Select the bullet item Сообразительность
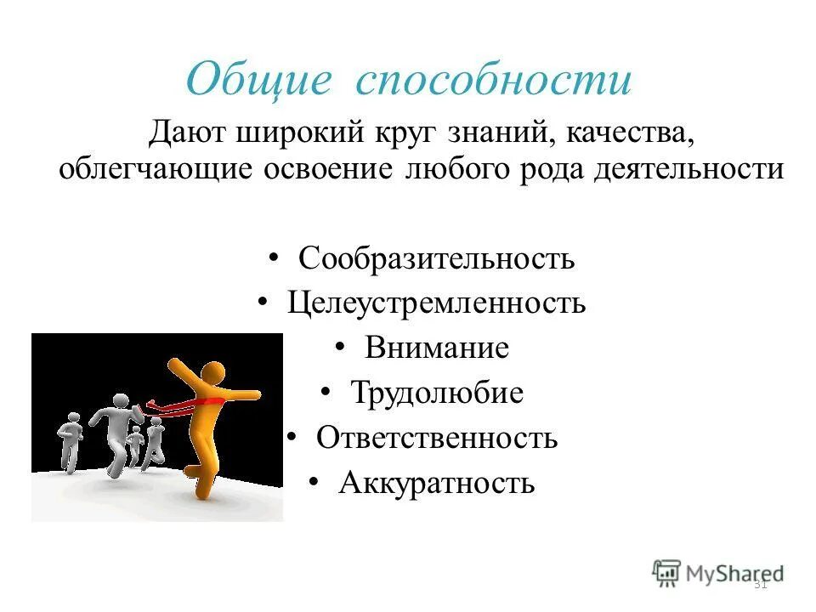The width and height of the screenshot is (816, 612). [x=436, y=258]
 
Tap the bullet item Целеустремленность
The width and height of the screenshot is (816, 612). [x=436, y=303]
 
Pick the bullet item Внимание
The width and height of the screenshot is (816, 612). [x=437, y=348]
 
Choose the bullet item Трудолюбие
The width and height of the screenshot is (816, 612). [x=437, y=394]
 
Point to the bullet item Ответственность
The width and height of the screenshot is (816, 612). [x=437, y=439]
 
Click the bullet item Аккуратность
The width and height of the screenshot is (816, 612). [x=437, y=484]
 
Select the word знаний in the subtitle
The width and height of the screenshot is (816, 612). [x=487, y=133]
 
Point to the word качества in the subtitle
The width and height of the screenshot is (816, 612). [x=623, y=133]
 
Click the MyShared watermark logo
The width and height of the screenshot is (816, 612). [x=717, y=573]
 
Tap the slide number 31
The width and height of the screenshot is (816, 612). [x=761, y=584]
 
